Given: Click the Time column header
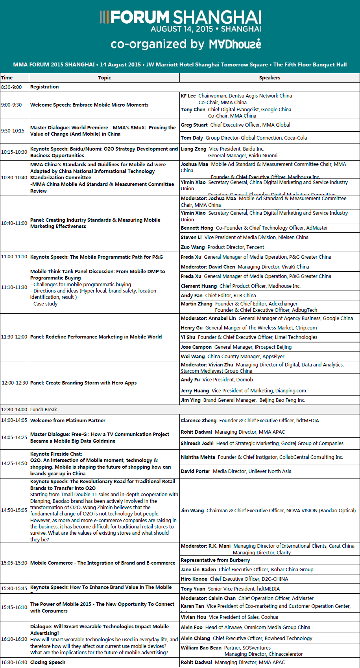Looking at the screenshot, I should click(x=7, y=78).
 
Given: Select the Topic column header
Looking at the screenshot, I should click(x=104, y=78).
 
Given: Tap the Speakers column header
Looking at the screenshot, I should click(x=270, y=78).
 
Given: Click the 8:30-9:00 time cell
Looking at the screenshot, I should click(x=11, y=87).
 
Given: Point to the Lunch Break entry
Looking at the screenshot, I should click(x=44, y=409).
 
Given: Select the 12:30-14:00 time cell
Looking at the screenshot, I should click(x=14, y=409).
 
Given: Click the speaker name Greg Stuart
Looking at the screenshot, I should click(x=194, y=125).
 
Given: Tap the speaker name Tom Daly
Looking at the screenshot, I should click(x=192, y=138).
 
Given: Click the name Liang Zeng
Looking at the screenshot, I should click(x=193, y=149).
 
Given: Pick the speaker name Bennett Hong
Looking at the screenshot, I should click(x=197, y=228).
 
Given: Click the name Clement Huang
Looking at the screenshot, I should click(x=199, y=286).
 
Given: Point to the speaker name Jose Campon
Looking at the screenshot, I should click(x=196, y=347).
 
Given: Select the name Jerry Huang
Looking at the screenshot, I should click(x=195, y=391).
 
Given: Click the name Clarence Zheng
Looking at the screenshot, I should click(x=198, y=421).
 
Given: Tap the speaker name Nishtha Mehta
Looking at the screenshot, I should click(x=198, y=457).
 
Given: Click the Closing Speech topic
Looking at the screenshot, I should click(x=48, y=662).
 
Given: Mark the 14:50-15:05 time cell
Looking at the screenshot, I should click(x=14, y=510).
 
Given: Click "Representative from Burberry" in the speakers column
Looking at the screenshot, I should click(x=215, y=560).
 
